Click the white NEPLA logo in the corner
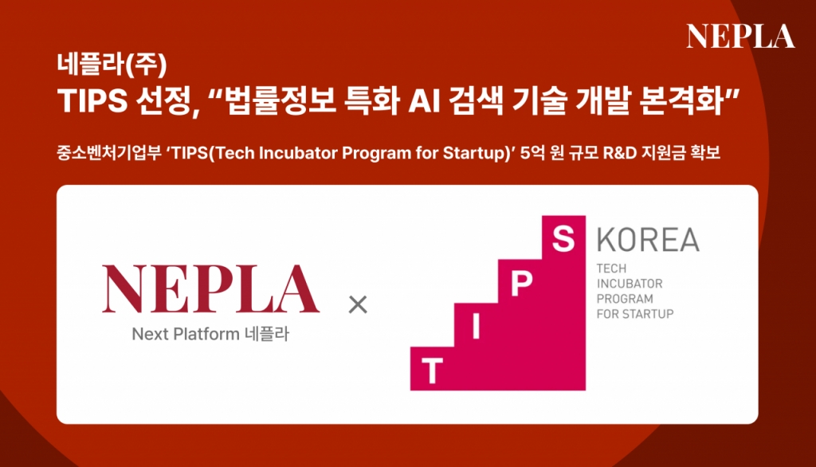(x=740, y=36)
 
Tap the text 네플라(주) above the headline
(x=112, y=64)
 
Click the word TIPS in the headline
(x=92, y=100)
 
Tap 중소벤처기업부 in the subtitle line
(x=108, y=153)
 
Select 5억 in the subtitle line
(x=532, y=153)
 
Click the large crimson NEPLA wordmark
(x=210, y=289)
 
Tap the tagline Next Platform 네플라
(x=210, y=334)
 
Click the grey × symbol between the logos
(x=358, y=304)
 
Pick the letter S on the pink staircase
(x=563, y=239)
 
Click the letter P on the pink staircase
(x=521, y=283)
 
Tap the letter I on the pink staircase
(x=476, y=327)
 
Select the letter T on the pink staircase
(x=432, y=371)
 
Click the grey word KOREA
(x=648, y=240)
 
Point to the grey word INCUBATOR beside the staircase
(x=630, y=284)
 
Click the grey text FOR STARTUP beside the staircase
(x=635, y=314)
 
